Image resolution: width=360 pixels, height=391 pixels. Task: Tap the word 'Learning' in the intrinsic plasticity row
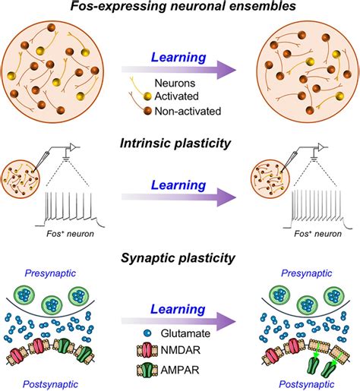[179, 185]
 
